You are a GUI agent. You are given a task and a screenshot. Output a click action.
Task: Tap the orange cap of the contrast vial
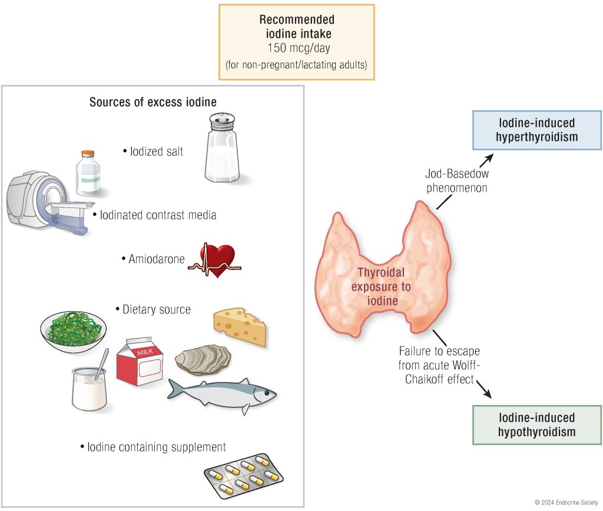pyautogui.click(x=88, y=154)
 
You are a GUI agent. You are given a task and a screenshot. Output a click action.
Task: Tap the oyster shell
pyautogui.click(x=203, y=358)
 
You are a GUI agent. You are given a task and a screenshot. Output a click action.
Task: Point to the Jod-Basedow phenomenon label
pyautogui.click(x=457, y=181)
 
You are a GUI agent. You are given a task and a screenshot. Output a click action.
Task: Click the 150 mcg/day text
pyautogui.click(x=297, y=48)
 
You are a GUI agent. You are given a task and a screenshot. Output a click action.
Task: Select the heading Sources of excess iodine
pyautogui.click(x=153, y=103)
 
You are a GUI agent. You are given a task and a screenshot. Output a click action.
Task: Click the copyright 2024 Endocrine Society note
pyautogui.click(x=566, y=502)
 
